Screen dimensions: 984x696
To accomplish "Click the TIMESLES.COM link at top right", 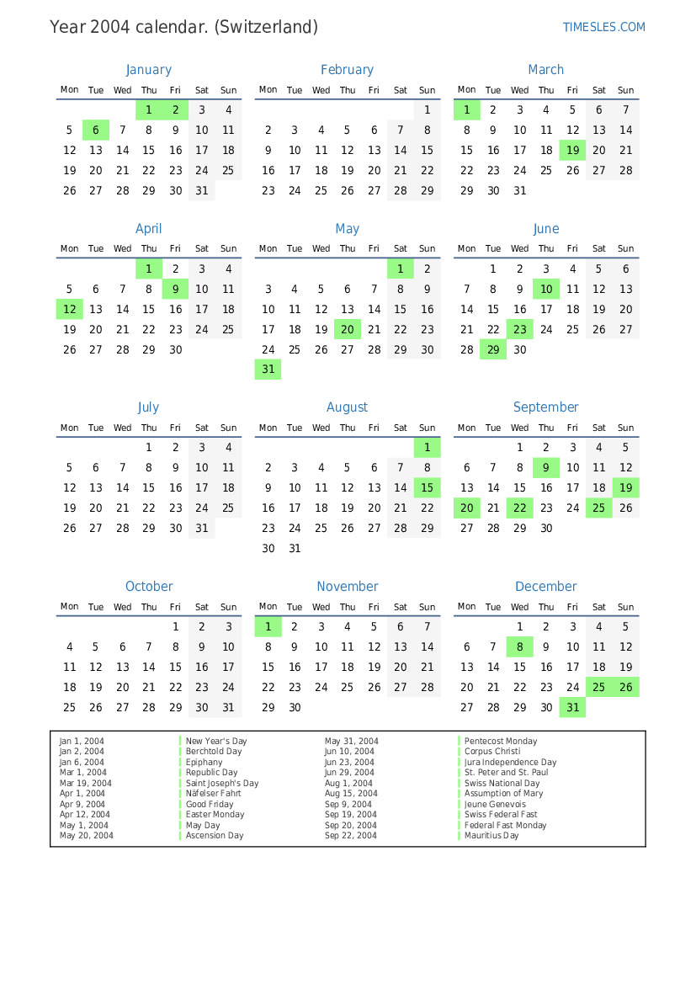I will coord(603,27).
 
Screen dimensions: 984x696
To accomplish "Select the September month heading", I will coord(545,407).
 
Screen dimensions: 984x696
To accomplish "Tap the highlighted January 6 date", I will coord(96,130).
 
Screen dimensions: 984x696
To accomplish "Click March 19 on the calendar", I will coord(573,151).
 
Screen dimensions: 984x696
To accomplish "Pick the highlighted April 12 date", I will coord(70,309).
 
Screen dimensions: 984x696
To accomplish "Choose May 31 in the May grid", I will coord(268,370).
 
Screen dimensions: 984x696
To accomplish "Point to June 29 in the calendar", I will coord(493,349).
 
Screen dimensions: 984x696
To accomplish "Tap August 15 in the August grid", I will coord(427,488).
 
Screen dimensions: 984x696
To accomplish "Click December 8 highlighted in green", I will coord(520,647).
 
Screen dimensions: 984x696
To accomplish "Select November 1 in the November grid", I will coord(268,626).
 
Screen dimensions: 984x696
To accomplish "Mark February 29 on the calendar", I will coord(427,191).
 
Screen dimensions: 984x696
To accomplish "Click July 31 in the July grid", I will coord(202,529).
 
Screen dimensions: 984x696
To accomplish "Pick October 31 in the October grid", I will coord(228,708).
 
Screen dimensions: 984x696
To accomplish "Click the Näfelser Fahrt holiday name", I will coord(213,794).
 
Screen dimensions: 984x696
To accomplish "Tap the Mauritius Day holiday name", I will coord(491,836).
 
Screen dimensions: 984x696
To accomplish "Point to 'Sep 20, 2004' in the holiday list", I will coord(351,826).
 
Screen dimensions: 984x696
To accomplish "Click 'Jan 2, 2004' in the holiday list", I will coord(82,752).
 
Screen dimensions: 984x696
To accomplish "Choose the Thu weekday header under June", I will coord(546,249).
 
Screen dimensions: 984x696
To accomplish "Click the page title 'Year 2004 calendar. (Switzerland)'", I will coord(183,27).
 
